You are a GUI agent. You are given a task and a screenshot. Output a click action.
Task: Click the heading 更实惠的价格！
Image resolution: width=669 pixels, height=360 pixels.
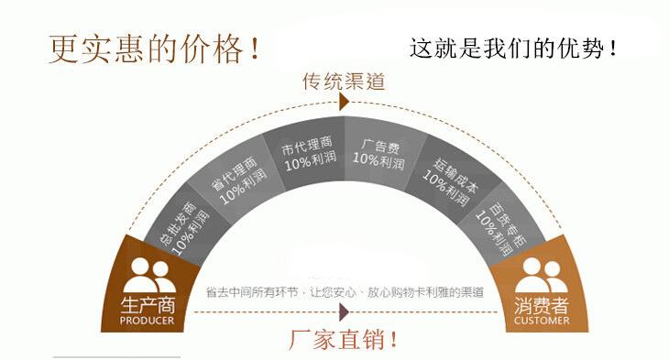pos(155,49)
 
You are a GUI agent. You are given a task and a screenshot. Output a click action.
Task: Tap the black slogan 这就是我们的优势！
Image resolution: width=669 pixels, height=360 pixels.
pos(513,48)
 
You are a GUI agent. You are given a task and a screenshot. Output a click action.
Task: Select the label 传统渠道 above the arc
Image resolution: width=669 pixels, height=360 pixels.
pos(344,81)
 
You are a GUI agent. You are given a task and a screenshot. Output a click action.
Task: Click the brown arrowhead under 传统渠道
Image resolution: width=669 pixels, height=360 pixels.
pos(345,102)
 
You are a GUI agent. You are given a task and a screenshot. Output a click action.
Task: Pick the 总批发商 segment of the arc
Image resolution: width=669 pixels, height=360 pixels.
pos(184,226)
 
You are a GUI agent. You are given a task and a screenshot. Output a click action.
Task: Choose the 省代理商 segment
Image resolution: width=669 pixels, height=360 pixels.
pos(238,180)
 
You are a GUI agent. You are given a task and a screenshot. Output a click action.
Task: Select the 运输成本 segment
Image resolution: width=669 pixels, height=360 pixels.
pos(451,180)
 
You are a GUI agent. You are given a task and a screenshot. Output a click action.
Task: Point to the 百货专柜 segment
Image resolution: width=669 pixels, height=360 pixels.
pos(503,226)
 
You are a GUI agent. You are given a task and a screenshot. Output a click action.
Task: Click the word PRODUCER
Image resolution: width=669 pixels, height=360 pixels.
pos(148,321)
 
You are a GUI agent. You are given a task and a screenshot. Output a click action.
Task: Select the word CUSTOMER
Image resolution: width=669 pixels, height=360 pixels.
pos(542,321)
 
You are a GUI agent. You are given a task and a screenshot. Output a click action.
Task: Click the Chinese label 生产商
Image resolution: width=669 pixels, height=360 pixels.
pos(148,305)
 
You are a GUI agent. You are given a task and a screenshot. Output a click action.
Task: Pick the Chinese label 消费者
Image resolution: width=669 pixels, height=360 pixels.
pos(542,305)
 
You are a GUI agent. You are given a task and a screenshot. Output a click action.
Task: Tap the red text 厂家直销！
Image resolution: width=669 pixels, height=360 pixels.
pos(344,340)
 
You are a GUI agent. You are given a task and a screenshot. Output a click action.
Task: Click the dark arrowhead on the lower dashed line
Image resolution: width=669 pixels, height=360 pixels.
pos(345,312)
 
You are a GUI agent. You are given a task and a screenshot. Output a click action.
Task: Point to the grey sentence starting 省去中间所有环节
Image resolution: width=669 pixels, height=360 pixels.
pos(345,292)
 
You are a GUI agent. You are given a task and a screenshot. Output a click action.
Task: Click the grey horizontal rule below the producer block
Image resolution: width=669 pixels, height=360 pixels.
pos(116,357)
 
